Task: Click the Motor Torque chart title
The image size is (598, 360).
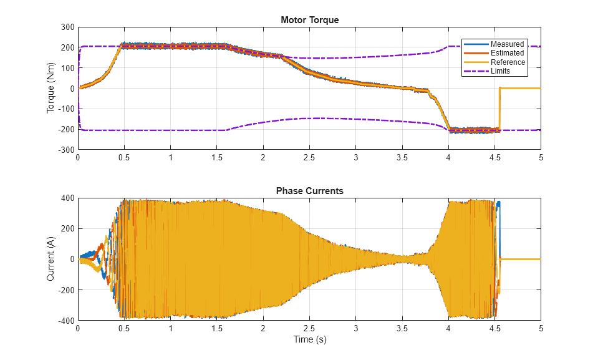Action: (309, 20)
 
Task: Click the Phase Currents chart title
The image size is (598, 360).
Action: (309, 191)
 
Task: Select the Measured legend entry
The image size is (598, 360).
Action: (507, 44)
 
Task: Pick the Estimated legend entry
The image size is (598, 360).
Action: (507, 53)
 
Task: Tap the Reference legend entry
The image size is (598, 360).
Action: (508, 62)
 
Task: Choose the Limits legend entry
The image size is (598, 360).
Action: (500, 71)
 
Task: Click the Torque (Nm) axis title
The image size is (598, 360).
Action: (51, 89)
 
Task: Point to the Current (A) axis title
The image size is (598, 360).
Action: (51, 259)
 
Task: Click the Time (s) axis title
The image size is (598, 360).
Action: (309, 340)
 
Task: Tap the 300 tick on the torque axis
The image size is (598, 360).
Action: (66, 27)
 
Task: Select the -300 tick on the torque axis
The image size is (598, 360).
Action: (65, 150)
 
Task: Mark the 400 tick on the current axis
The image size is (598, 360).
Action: (66, 198)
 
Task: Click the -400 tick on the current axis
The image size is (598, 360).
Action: (65, 321)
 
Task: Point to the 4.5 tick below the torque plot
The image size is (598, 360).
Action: (494, 158)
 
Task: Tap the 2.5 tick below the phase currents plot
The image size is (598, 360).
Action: (309, 328)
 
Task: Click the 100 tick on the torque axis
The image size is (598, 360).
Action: (66, 68)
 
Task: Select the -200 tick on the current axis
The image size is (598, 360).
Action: (65, 290)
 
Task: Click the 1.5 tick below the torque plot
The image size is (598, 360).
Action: (217, 158)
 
